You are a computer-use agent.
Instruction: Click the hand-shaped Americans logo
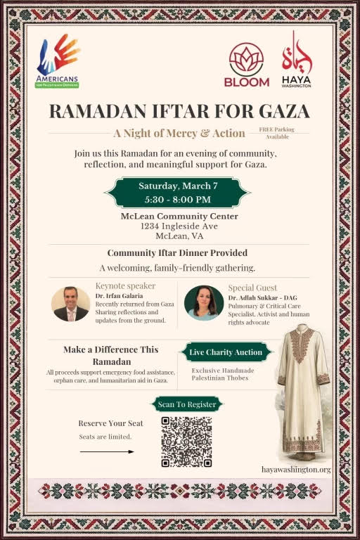58,56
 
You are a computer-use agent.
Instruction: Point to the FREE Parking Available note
276,133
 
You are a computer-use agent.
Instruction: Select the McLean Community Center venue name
179,216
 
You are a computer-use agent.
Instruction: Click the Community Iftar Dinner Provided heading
177,252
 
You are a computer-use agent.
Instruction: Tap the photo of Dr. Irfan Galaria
71,303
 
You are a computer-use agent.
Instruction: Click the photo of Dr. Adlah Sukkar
204,303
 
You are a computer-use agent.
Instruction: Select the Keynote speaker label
125,286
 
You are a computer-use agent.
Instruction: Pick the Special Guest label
252,288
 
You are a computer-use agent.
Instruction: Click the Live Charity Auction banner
225,352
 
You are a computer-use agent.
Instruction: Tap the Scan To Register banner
186,404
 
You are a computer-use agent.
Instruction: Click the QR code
186,442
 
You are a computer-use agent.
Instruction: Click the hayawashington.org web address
295,469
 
